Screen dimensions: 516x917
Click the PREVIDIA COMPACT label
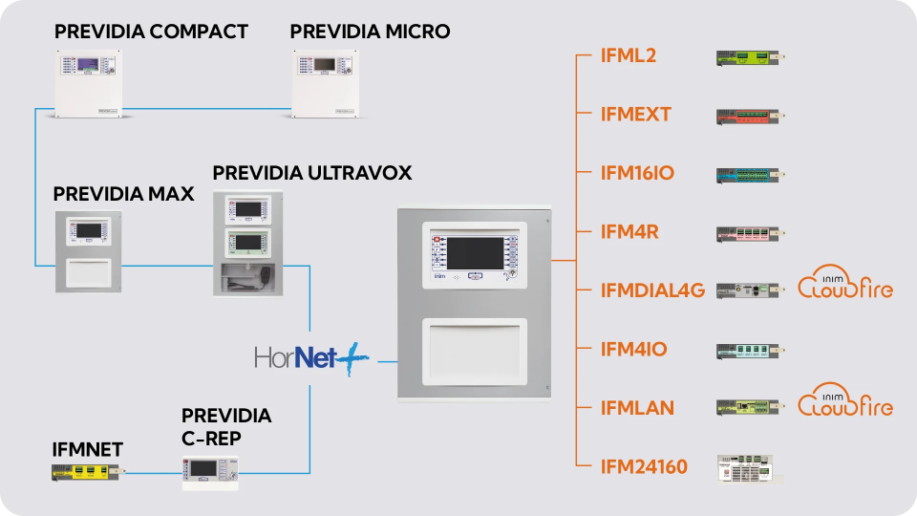point(151,32)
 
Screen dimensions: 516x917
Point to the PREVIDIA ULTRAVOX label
point(312,173)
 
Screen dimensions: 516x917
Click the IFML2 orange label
point(629,55)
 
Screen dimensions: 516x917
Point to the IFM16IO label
point(637,173)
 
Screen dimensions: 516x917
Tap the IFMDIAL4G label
point(653,290)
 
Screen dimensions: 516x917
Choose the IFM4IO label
point(634,350)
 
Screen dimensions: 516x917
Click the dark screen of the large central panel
point(474,252)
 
